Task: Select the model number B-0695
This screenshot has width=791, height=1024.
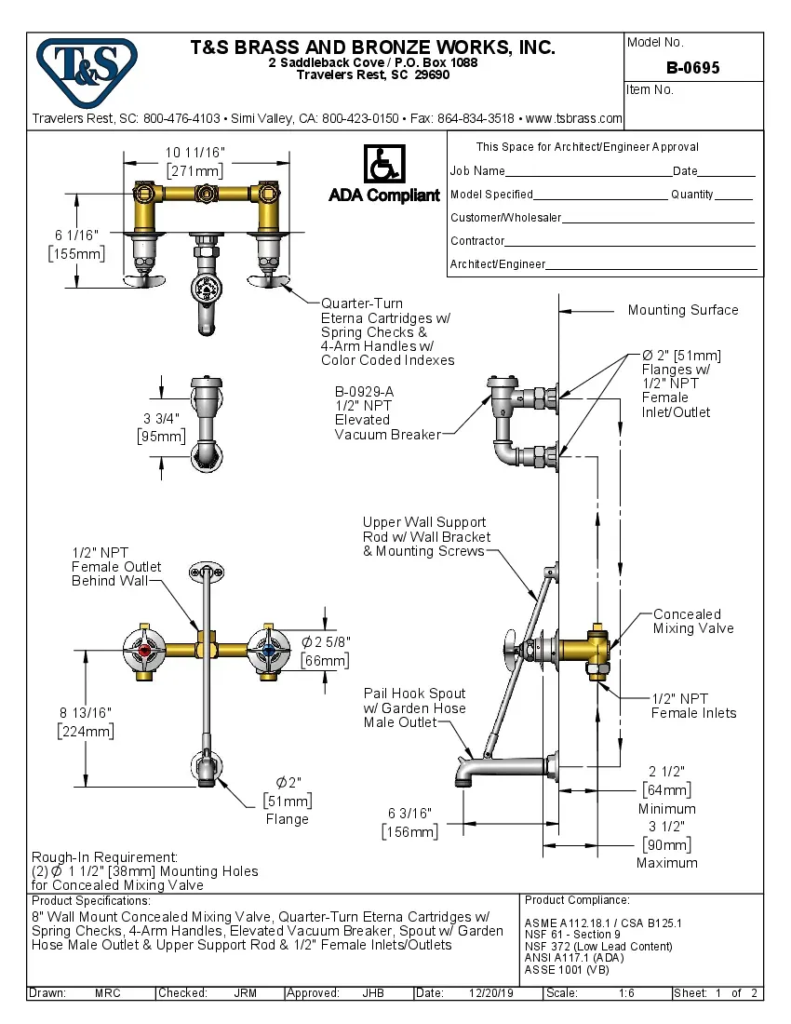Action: coord(692,68)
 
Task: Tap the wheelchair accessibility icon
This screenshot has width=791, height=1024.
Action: coord(383,165)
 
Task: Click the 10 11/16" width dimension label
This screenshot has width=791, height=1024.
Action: coord(195,153)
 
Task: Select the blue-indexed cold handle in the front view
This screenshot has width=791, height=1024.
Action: coord(269,651)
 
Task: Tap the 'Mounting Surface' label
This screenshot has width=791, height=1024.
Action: coord(683,310)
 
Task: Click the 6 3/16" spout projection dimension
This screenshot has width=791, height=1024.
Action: coord(410,815)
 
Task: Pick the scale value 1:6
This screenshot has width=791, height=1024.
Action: coord(626,993)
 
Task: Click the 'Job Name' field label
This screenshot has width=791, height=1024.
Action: coord(477,171)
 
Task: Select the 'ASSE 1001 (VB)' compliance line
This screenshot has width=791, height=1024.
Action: coord(567,969)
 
